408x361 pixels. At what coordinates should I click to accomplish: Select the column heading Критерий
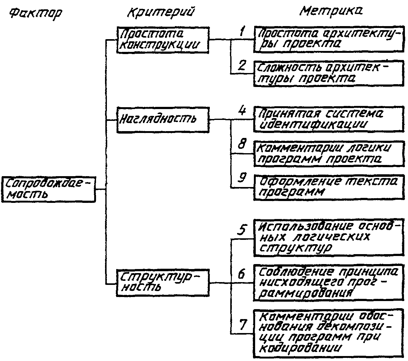161,12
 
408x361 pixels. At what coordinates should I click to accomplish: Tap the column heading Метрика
331,11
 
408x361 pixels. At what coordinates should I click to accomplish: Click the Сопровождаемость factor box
48,190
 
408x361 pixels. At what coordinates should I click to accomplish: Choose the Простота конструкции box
162,40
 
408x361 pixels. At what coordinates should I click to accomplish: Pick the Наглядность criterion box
162,120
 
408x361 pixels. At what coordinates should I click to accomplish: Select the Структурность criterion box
162,283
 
